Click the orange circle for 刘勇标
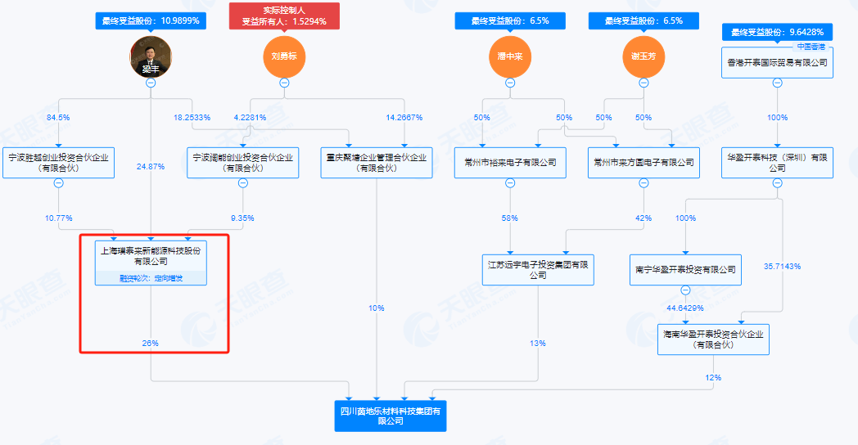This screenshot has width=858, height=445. coord(283,56)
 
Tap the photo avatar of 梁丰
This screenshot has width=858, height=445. coord(151,57)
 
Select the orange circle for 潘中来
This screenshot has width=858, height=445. coord(510,56)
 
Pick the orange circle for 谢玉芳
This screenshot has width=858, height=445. coord(643,56)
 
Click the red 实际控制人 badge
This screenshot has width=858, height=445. coord(283,16)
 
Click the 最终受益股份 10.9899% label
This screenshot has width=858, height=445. coord(151,20)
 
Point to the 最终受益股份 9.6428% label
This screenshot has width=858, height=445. coord(777,32)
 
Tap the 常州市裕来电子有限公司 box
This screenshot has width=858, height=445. coord(510,162)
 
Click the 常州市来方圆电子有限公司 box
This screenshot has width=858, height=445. coord(643,162)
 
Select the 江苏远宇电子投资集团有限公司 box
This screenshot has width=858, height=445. coord(537,269)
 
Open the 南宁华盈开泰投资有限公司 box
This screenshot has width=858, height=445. coord(685,269)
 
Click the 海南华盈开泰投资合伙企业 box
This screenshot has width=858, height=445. coord(713,339)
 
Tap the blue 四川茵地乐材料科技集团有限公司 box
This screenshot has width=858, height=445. coord(395,415)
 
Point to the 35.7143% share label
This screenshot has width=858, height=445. coord(783,267)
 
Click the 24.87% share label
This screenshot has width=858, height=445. coord(151,166)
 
